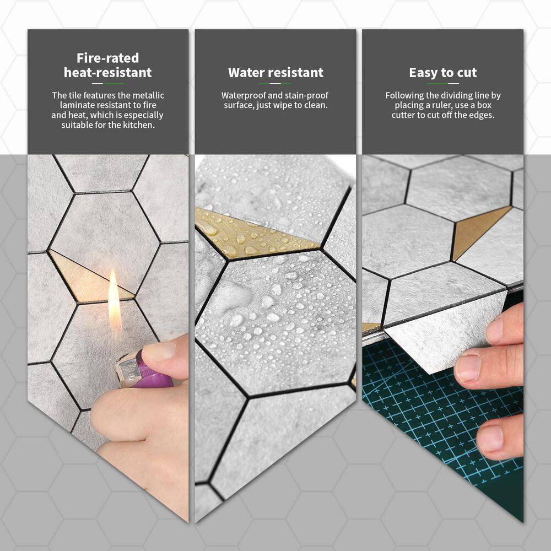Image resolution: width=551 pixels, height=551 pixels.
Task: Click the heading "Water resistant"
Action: pyautogui.click(x=275, y=72)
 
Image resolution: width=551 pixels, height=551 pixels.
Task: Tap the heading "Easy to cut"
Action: pyautogui.click(x=443, y=72)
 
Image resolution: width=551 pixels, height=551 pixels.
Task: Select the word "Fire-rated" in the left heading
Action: pyautogui.click(x=108, y=58)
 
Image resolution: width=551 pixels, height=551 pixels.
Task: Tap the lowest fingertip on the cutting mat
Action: pyautogui.click(x=492, y=439)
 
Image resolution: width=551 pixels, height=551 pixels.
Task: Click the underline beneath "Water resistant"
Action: pyautogui.click(x=275, y=84)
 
